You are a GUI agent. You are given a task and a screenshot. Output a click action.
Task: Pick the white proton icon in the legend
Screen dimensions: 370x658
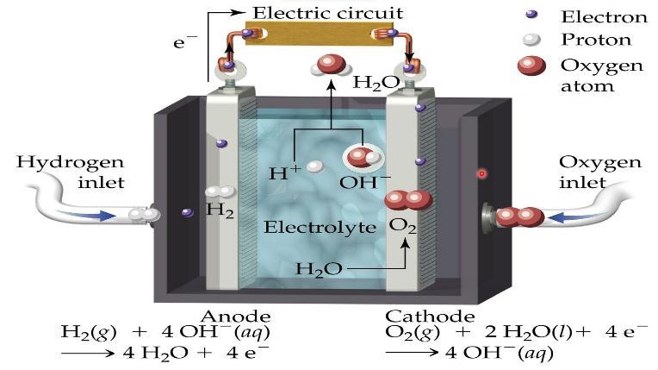pyautogui.click(x=531, y=39)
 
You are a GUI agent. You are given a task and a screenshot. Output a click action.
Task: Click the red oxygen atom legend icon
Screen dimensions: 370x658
pyautogui.click(x=532, y=68)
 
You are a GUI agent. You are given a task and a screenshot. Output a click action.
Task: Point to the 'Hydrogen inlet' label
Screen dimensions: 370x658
pyautogui.click(x=71, y=171)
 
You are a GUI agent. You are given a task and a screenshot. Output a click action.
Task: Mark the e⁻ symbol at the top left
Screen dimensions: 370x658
pyautogui.click(x=184, y=41)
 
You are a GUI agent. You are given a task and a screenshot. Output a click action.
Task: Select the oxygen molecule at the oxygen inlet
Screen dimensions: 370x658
pyautogui.click(x=518, y=216)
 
